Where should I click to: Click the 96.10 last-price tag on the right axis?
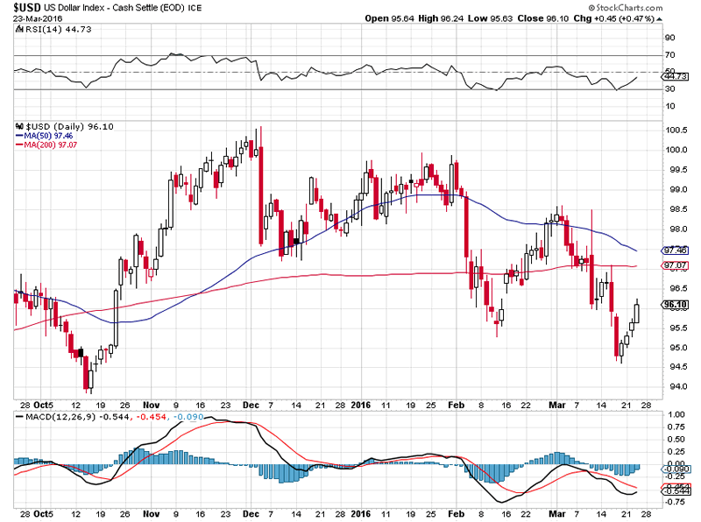[676, 305]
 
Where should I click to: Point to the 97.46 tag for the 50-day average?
[676, 250]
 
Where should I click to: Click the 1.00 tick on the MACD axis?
[676, 414]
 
